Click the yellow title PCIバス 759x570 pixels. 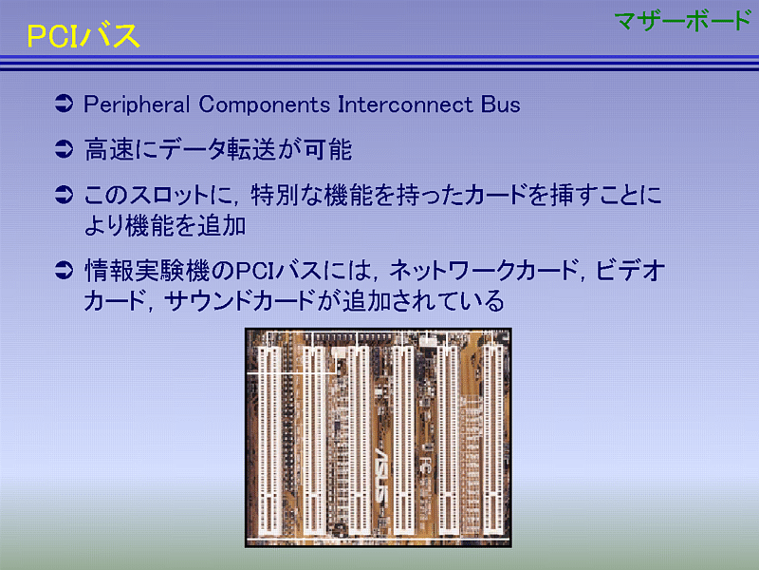(83, 36)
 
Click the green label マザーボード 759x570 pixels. (682, 21)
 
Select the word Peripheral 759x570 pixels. (137, 104)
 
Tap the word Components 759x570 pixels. (265, 104)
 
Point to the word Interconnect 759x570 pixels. (405, 104)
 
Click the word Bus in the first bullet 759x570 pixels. (501, 104)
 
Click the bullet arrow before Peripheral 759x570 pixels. (64, 104)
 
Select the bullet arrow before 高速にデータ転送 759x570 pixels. (64, 149)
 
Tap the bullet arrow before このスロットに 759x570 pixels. (64, 195)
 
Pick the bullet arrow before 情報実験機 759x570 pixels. (64, 270)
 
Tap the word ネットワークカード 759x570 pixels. (483, 271)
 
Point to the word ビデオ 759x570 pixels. (630, 271)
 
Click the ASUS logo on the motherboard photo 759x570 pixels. (380, 476)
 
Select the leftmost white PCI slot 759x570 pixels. (269, 440)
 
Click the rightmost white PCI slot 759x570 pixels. (493, 438)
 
